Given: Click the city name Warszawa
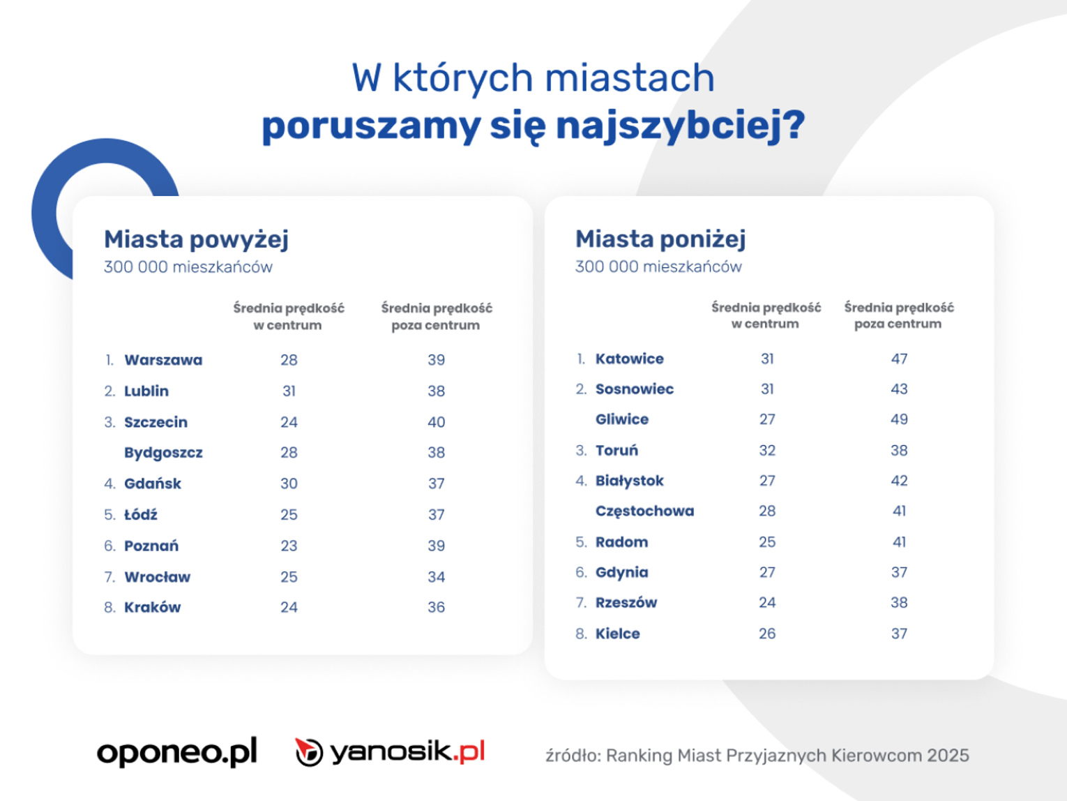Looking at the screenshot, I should (x=163, y=360).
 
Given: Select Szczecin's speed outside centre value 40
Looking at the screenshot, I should (x=436, y=422).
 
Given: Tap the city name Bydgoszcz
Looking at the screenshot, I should (x=163, y=453).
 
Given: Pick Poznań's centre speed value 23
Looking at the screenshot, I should (x=289, y=546).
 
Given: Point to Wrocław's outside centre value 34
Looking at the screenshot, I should (x=436, y=577).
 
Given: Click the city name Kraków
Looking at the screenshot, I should (x=152, y=607).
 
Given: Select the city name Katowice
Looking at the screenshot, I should (x=629, y=359).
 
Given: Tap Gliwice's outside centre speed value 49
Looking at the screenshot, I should (x=899, y=419).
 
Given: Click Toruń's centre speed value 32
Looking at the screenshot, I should (x=767, y=450).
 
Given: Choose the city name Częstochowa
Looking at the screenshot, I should (x=644, y=511).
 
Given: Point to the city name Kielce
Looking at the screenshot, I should (x=617, y=634).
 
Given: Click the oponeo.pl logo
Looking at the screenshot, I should (x=177, y=752).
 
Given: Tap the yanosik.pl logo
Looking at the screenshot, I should (x=390, y=752).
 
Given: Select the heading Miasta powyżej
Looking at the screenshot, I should (x=196, y=239).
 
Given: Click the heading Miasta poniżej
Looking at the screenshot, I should (x=660, y=239).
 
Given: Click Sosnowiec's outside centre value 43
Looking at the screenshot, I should (x=899, y=389).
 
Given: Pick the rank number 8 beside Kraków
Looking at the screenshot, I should (x=109, y=608).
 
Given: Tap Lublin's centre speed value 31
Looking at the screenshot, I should (x=289, y=391).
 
